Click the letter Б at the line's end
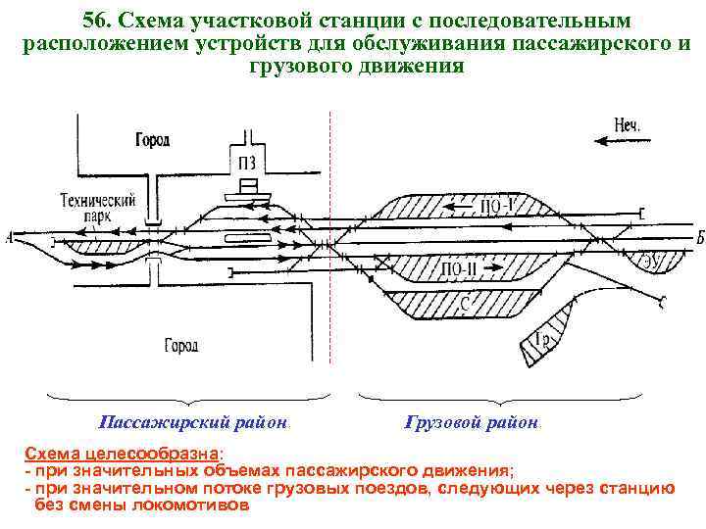tap(699, 238)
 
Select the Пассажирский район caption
tap(193, 423)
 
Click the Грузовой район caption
tap(472, 423)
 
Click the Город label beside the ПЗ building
tap(153, 140)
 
